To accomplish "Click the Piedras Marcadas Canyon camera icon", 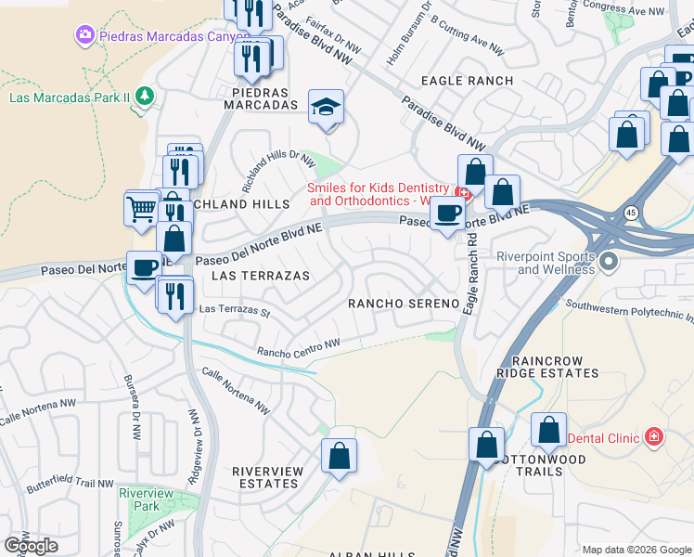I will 85,34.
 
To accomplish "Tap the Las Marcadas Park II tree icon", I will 144,96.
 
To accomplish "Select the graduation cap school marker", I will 326,108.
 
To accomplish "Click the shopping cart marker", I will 142,207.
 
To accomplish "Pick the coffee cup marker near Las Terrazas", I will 144,268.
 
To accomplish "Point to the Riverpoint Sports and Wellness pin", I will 609,261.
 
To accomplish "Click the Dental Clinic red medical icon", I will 654,435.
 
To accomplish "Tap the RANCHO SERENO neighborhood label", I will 404,304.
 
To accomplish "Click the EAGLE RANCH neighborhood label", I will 467,81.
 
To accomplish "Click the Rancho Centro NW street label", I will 299,347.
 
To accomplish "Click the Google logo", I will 31,546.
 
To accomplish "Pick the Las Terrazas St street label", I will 234,310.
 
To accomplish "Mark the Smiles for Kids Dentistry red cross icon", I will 466,195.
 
